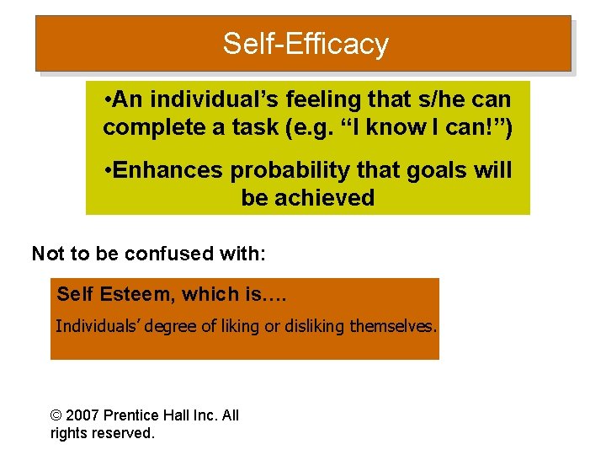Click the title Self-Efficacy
tap(306, 43)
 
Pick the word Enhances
tap(168, 170)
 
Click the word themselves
tap(393, 326)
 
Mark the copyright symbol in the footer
tap(56, 415)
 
